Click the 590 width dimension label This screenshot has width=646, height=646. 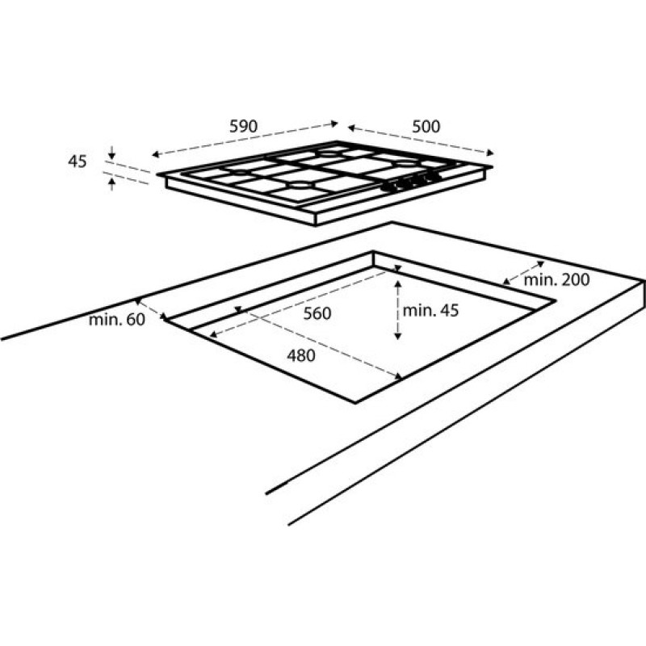[244, 126]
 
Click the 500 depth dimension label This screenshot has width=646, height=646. [426, 126]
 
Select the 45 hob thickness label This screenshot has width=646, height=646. [78, 161]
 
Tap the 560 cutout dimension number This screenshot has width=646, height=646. [317, 313]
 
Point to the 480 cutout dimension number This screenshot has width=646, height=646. [301, 355]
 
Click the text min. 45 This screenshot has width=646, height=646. [430, 311]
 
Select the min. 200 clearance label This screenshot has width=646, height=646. [556, 279]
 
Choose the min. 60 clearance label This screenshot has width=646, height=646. [117, 320]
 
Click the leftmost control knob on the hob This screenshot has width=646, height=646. [388, 187]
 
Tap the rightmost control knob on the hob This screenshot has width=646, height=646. [433, 176]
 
